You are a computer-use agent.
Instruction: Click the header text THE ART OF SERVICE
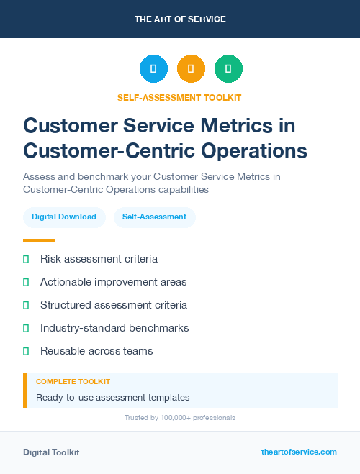click(180, 19)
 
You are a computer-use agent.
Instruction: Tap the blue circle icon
click(153, 69)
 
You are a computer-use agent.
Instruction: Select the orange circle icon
click(191, 69)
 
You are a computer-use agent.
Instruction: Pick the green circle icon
click(228, 69)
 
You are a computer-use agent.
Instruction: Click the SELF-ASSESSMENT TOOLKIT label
click(179, 97)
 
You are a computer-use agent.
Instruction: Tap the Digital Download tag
click(64, 217)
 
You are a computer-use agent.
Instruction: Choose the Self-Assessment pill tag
click(154, 217)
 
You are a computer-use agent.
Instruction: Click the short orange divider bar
click(39, 240)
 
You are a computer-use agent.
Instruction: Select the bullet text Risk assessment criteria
click(99, 259)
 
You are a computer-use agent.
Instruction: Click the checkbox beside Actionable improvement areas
click(26, 282)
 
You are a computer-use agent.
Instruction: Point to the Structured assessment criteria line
click(114, 305)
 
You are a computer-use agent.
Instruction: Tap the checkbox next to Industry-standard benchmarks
click(26, 328)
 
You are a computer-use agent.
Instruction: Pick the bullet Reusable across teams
click(96, 351)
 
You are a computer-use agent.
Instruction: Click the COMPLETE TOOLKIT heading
click(73, 382)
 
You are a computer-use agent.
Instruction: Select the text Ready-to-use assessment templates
click(112, 397)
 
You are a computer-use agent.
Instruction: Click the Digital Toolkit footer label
click(51, 452)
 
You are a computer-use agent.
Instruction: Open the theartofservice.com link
click(299, 452)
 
